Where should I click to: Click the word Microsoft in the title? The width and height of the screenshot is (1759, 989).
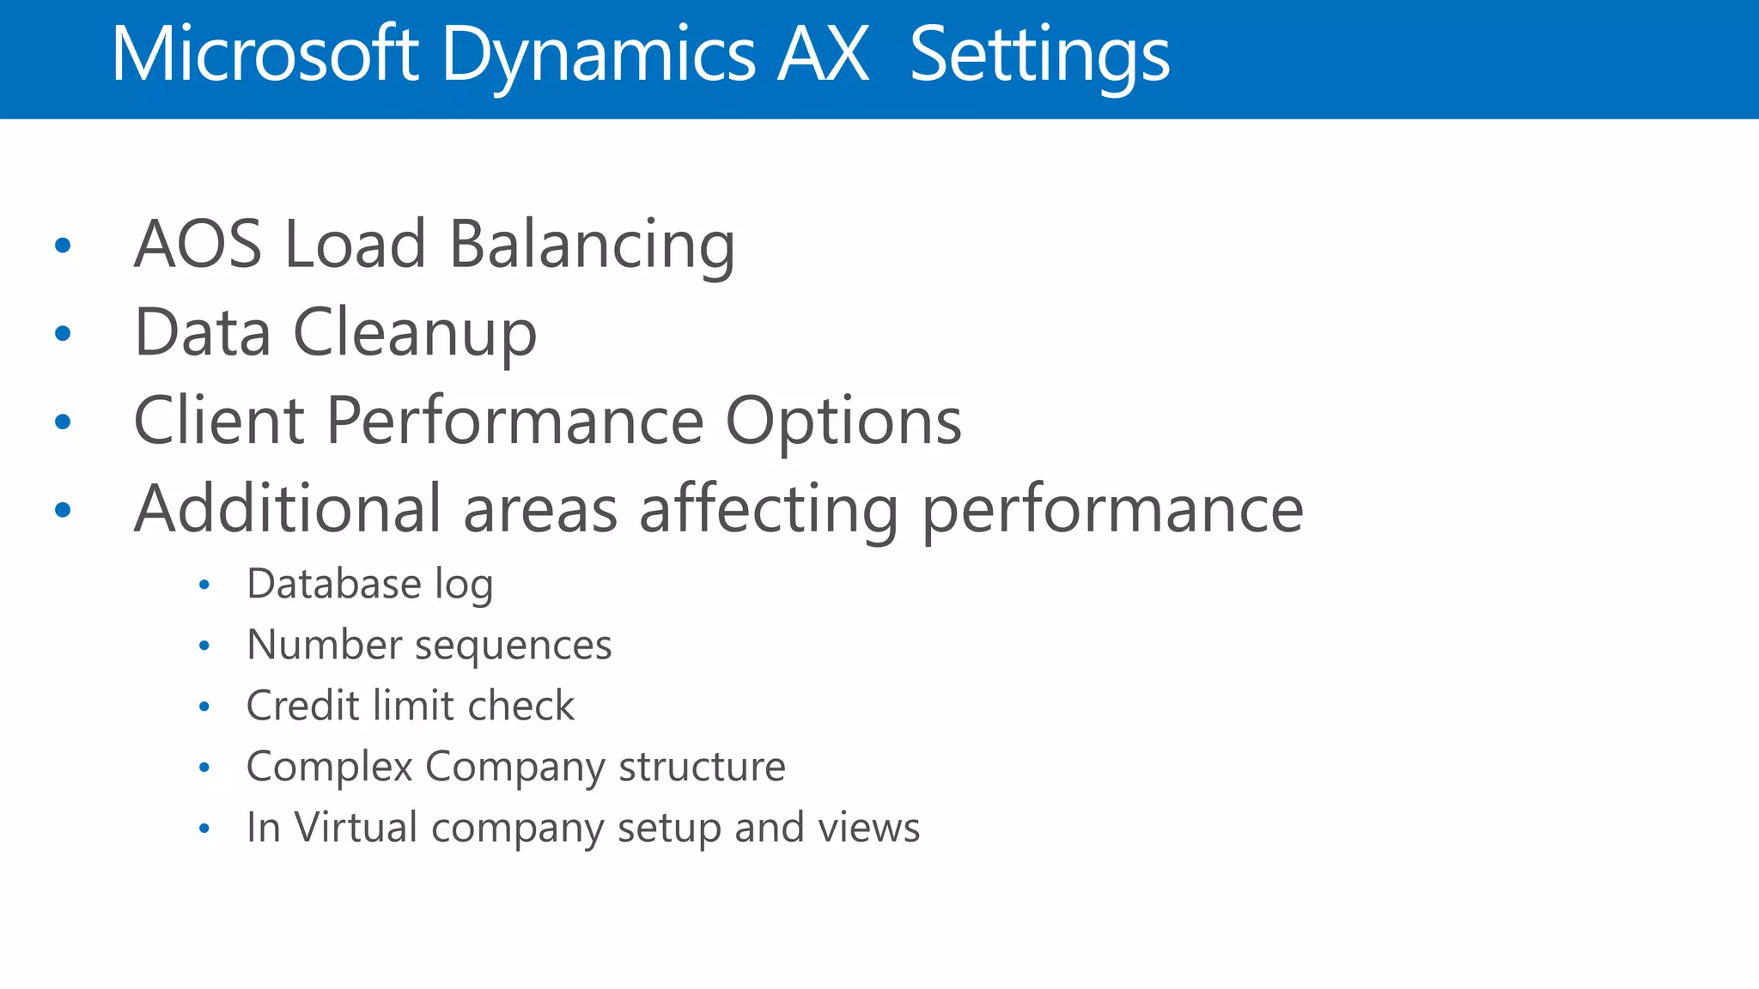click(x=265, y=55)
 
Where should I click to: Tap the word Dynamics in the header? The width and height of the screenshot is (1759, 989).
click(x=598, y=55)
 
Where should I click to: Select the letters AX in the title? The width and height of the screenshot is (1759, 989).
click(x=823, y=55)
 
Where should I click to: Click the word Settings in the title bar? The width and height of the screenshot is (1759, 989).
click(x=1039, y=55)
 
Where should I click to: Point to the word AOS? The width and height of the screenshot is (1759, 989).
click(x=198, y=245)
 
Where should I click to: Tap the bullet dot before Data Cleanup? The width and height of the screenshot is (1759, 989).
click(x=63, y=333)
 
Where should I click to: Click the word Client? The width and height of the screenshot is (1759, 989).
click(x=219, y=422)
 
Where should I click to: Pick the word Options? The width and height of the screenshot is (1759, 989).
click(x=843, y=422)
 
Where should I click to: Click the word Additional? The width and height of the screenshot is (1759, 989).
click(x=288, y=509)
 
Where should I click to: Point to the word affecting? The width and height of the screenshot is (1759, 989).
click(x=769, y=509)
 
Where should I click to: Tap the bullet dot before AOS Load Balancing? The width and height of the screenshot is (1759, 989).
click(x=63, y=246)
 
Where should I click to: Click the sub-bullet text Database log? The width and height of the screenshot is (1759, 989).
click(x=369, y=585)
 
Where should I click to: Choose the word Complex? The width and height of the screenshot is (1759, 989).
click(x=330, y=767)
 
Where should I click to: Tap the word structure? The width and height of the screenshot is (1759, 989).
click(x=701, y=767)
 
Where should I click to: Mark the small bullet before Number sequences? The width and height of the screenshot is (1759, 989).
click(x=204, y=646)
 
